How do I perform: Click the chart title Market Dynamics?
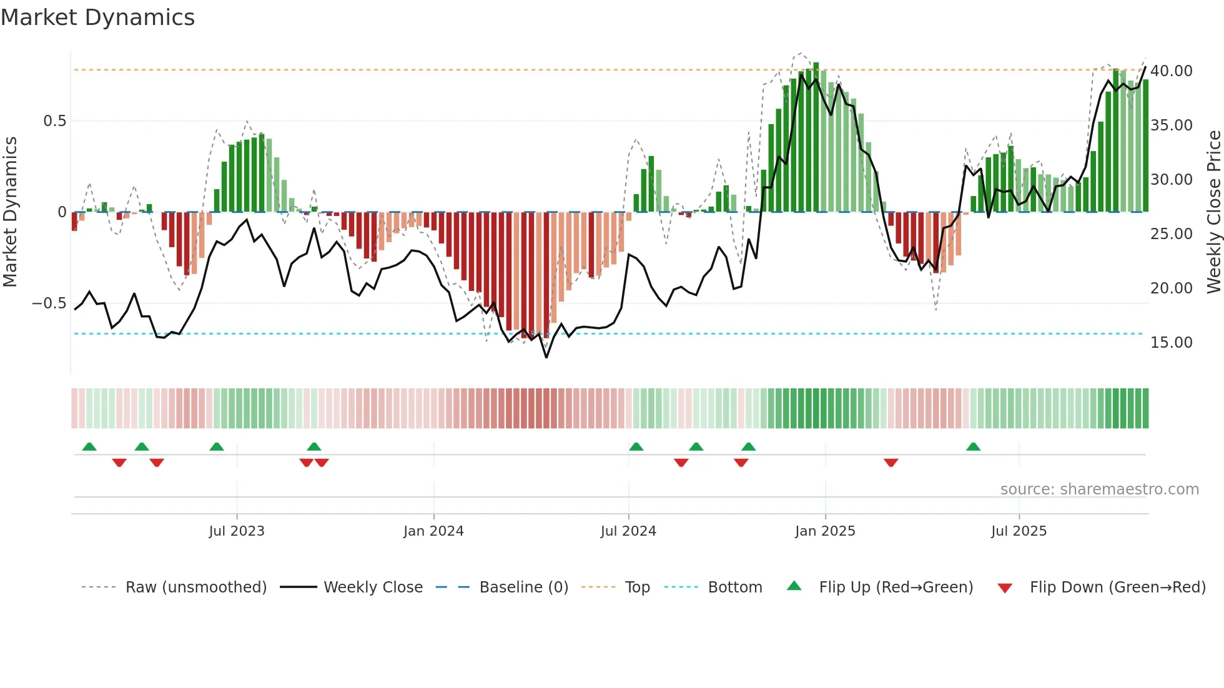pos(98,17)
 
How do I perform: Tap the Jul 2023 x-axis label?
pos(237,531)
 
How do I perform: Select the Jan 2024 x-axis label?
pos(433,531)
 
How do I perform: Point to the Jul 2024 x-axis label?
pos(628,531)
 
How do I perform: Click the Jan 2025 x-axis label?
pos(825,531)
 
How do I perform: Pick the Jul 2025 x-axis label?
pos(1019,531)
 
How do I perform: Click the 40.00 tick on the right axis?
pos(1172,71)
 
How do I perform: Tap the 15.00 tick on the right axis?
pos(1172,343)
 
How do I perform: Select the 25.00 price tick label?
pos(1172,234)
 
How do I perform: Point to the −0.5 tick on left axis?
pos(49,303)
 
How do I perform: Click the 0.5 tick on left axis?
pos(55,121)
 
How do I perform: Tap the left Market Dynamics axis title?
pos(10,212)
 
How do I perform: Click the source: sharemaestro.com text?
pos(1099,489)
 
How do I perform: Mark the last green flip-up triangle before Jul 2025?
pos(973,447)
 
